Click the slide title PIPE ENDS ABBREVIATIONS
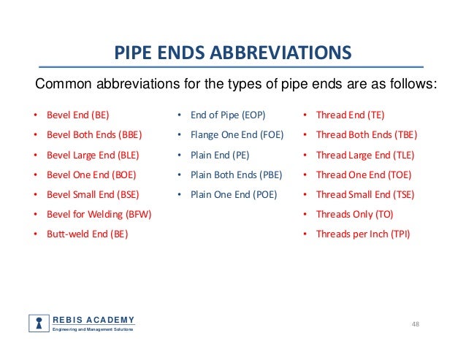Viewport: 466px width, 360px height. [x=233, y=53]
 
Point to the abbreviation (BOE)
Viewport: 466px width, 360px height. [x=123, y=175]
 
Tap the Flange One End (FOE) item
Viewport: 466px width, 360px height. [x=237, y=135]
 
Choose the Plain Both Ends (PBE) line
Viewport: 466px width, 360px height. [x=236, y=175]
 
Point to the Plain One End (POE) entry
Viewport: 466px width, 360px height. [x=234, y=195]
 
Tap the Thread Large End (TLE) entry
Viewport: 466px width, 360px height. [x=365, y=155]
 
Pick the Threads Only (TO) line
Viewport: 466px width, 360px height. [x=354, y=215]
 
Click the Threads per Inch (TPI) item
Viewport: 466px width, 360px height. [x=362, y=234]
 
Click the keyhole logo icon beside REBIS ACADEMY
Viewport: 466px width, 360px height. [x=38, y=323]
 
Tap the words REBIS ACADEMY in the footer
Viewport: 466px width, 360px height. [x=93, y=320]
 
